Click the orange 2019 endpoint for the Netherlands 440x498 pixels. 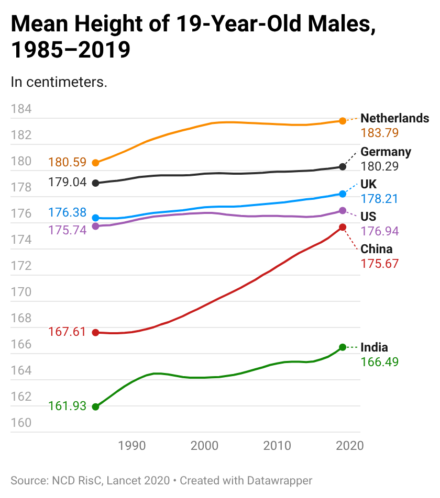[x=343, y=121]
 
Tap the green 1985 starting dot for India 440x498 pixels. [x=95, y=407]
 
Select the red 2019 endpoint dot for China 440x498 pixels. [x=343, y=227]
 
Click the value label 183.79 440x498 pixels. [x=380, y=133]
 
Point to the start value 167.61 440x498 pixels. [x=67, y=332]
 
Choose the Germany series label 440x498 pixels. [x=386, y=152]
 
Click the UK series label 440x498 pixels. [x=368, y=184]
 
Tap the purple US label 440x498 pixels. [x=368, y=217]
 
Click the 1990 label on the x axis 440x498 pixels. [x=131, y=446]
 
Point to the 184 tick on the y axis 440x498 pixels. [x=21, y=109]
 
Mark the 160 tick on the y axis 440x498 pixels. [x=21, y=423]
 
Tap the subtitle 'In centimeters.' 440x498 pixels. [x=59, y=82]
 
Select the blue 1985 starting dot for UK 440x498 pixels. [x=95, y=218]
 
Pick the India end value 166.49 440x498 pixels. [x=380, y=362]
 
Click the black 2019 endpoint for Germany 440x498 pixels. [x=343, y=167]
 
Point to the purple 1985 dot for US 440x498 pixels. [x=95, y=226]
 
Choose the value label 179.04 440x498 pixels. [x=67, y=182]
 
